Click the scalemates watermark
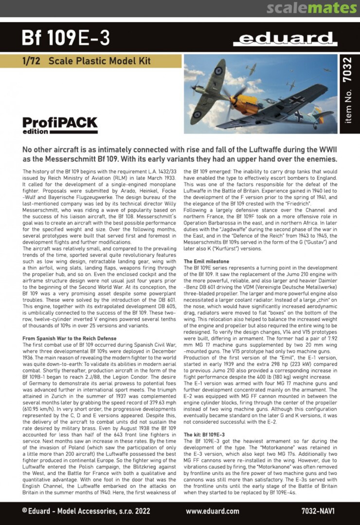click(311, 8)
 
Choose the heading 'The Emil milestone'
click(206, 262)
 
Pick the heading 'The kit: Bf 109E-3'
click(204, 434)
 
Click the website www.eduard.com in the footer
click(213, 511)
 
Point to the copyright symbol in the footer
click(25, 511)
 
